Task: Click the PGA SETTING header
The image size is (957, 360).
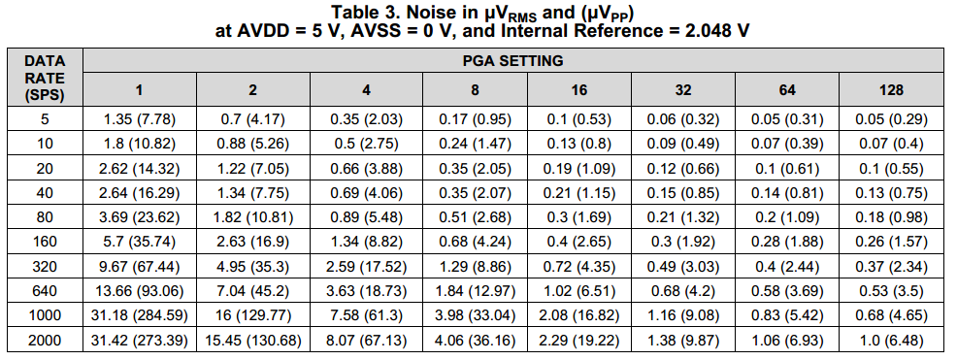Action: pyautogui.click(x=512, y=60)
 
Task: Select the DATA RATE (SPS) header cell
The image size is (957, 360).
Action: pyautogui.click(x=45, y=78)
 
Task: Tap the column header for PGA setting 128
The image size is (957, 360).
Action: pyautogui.click(x=891, y=90)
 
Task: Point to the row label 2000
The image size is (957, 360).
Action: pyautogui.click(x=45, y=341)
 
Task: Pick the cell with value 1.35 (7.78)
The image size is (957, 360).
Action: pyautogui.click(x=139, y=119)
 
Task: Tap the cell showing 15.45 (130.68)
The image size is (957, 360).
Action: pyautogui.click(x=252, y=341)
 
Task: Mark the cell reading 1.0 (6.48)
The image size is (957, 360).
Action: pyautogui.click(x=891, y=341)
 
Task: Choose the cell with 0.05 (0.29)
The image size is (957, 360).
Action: pyautogui.click(x=891, y=119)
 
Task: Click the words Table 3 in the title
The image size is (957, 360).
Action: pyautogui.click(x=363, y=13)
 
